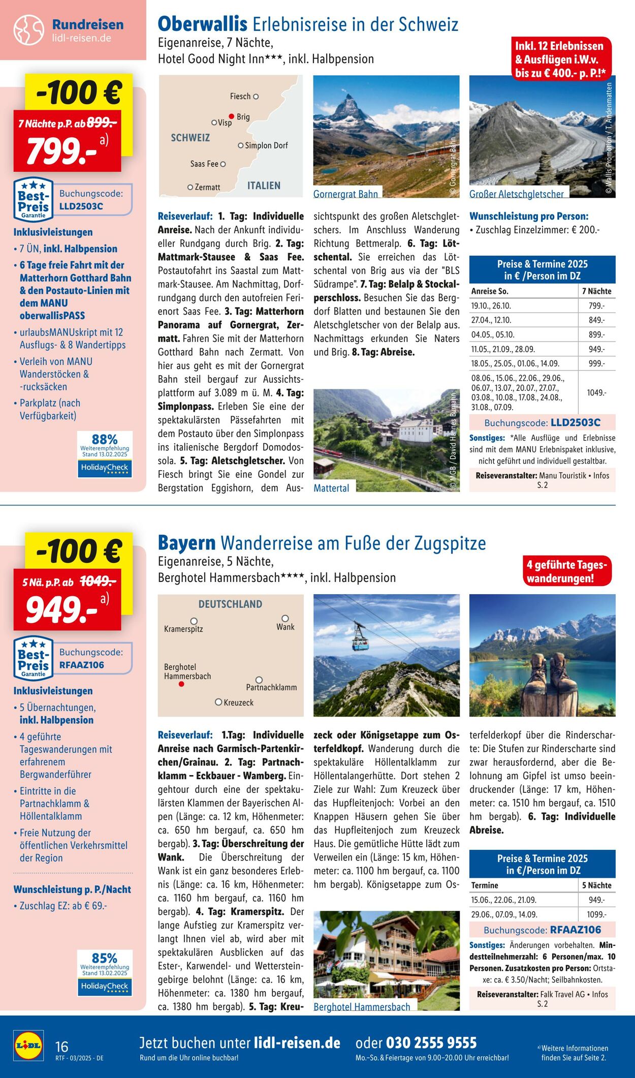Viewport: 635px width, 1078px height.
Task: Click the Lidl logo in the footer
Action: pyautogui.click(x=28, y=1045)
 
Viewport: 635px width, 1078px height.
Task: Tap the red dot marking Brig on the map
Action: pyautogui.click(x=231, y=116)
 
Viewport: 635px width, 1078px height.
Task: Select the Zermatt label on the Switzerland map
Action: pyautogui.click(x=207, y=188)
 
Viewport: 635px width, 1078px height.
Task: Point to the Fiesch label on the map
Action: pyautogui.click(x=240, y=97)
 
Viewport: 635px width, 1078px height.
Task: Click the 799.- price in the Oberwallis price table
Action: pyautogui.click(x=596, y=306)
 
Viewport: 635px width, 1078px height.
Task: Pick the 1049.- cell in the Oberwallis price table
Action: pyautogui.click(x=596, y=393)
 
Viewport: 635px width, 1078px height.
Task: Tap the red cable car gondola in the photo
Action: pyautogui.click(x=361, y=642)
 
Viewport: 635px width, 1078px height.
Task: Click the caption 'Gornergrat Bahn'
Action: pyautogui.click(x=345, y=194)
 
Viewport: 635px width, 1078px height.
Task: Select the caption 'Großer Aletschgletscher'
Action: pyautogui.click(x=516, y=194)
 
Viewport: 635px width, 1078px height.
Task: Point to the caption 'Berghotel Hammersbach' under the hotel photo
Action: pyautogui.click(x=362, y=1007)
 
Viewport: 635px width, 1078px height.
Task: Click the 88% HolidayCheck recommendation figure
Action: pyautogui.click(x=105, y=439)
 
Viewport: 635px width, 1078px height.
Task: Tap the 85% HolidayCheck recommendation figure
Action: pyautogui.click(x=105, y=958)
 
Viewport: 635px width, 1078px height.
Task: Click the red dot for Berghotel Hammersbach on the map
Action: pyautogui.click(x=181, y=684)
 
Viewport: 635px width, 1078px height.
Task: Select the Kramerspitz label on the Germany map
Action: pyautogui.click(x=183, y=629)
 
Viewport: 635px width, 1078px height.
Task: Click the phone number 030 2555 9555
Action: pyautogui.click(x=431, y=1043)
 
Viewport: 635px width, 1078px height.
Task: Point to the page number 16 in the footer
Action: pyautogui.click(x=61, y=1046)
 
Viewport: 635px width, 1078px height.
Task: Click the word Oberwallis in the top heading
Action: pyautogui.click(x=202, y=24)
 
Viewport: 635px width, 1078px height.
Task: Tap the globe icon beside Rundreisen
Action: pyautogui.click(x=28, y=30)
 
